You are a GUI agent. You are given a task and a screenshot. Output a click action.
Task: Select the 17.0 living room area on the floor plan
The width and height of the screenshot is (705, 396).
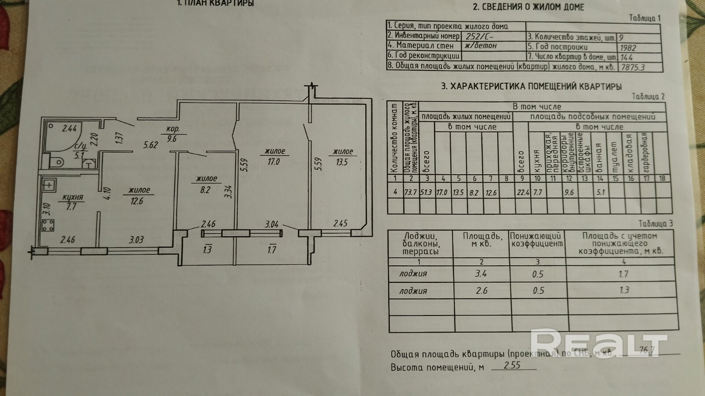tap(273, 161)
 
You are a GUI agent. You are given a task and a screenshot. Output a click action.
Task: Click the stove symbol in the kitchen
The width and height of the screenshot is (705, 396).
tap(48, 225)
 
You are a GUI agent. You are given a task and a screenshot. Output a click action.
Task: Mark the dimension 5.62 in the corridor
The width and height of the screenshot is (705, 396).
tap(150, 144)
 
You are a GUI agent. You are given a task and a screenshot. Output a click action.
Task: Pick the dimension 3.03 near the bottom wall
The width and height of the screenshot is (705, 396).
tap(136, 240)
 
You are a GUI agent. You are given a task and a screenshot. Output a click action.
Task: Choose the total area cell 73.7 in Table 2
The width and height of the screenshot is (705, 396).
tap(411, 192)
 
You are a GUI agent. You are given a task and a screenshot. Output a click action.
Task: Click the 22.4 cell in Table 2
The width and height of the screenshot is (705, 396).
tap(521, 192)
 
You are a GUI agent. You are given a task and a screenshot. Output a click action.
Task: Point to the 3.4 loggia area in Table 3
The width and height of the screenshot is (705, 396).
tap(481, 274)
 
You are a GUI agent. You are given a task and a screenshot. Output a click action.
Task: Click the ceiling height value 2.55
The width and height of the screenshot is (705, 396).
tap(512, 365)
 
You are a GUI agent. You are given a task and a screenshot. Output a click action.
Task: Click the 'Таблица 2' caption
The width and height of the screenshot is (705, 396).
tap(648, 97)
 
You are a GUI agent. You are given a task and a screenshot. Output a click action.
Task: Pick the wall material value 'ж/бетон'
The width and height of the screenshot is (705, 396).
tap(481, 46)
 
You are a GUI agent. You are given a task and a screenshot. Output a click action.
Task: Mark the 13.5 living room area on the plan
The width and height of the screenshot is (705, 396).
tap(341, 162)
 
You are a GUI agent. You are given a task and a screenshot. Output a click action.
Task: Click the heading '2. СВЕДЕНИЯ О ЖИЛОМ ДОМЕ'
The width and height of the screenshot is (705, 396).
tap(528, 7)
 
